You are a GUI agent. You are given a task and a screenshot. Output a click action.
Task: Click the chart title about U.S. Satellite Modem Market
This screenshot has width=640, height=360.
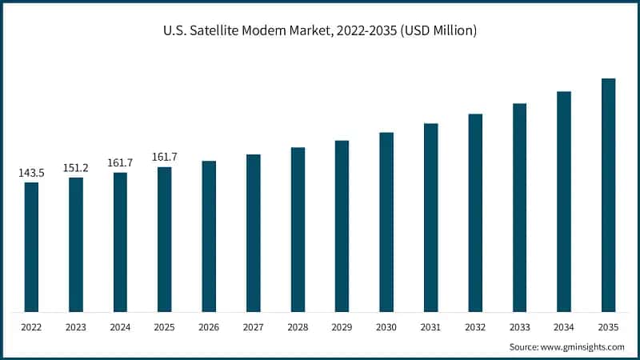(x=319, y=31)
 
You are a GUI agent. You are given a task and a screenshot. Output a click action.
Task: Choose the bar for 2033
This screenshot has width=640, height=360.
(x=519, y=207)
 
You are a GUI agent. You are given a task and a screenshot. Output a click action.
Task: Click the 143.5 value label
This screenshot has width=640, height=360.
(x=31, y=173)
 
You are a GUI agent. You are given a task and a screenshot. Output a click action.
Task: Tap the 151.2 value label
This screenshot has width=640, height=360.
(x=76, y=168)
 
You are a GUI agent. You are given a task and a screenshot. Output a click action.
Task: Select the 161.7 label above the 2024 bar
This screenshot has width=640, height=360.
(x=120, y=163)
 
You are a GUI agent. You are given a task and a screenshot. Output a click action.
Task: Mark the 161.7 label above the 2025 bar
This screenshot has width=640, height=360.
(x=165, y=158)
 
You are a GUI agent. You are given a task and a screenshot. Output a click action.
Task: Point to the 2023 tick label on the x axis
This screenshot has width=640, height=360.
(x=76, y=327)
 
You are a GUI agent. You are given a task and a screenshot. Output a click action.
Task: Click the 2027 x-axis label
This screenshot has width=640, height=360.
(x=253, y=327)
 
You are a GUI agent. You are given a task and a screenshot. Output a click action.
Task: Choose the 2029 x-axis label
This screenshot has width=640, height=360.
(x=342, y=327)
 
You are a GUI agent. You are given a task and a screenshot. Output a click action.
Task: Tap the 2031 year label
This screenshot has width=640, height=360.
(x=430, y=327)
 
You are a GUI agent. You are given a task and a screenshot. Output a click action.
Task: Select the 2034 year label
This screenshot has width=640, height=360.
(x=564, y=327)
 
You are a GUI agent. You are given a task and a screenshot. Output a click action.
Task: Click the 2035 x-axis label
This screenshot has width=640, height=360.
(x=608, y=327)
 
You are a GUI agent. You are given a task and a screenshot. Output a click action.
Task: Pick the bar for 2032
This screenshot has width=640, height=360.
(x=475, y=212)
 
